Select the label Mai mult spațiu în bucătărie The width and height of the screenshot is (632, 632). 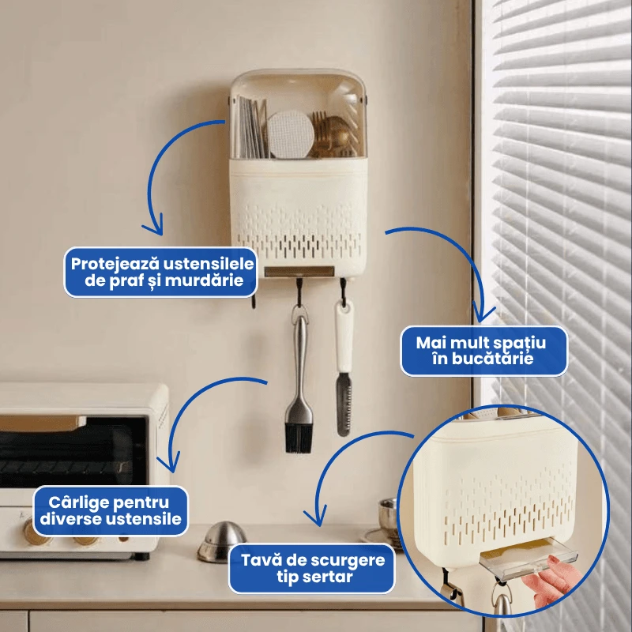[483, 351]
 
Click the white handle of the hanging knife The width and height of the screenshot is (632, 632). [344, 337]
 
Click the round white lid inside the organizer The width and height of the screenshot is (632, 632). [290, 134]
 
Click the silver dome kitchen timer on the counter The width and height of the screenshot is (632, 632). [222, 541]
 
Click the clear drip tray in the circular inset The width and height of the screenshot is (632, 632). [529, 561]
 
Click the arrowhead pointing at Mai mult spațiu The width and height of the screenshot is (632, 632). [483, 314]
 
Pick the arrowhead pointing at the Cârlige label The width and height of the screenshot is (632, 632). [171, 465]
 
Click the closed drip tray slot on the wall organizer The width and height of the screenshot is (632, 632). [299, 272]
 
